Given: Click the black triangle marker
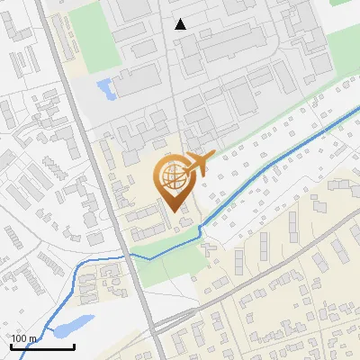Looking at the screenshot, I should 181,24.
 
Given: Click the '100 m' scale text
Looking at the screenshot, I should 23,338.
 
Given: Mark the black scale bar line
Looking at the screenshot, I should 42,346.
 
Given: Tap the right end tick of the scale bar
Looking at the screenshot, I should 74,345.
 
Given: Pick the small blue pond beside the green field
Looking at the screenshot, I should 104,88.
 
